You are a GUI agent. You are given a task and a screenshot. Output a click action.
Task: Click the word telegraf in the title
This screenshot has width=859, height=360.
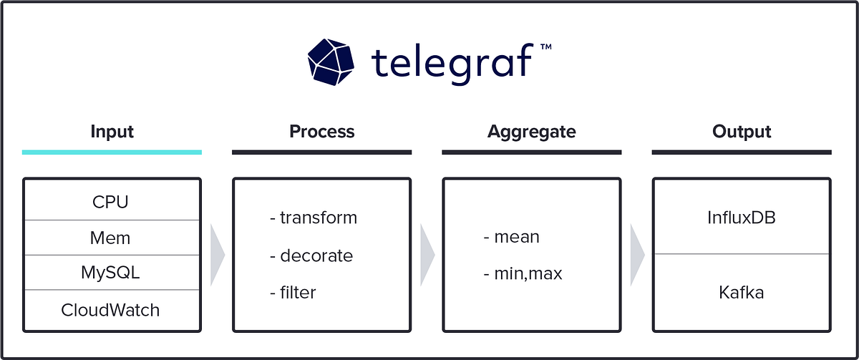pos(452,61)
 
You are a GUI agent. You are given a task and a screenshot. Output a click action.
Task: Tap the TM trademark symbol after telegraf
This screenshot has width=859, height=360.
pos(545,47)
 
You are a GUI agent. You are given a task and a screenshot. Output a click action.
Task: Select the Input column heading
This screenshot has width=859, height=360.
pos(112,132)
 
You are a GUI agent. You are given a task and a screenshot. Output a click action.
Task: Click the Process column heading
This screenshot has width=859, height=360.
pos(321,132)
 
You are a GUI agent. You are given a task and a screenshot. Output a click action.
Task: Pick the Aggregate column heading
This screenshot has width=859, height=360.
pos(531,132)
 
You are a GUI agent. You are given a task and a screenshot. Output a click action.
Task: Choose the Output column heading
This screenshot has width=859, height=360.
pos(742,132)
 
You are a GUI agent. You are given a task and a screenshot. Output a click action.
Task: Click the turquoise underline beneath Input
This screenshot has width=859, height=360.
pos(112,152)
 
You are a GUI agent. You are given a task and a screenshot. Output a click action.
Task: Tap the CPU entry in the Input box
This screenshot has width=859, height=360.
pos(111,201)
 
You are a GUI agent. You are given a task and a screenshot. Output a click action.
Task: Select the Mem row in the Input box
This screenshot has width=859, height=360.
pos(111,237)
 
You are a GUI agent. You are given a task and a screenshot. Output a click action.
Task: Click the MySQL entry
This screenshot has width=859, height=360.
pos(111,272)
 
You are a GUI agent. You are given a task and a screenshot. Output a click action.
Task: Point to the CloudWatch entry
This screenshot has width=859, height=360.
pos(111,310)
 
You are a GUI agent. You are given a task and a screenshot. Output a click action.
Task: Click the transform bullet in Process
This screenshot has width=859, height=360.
pos(313,218)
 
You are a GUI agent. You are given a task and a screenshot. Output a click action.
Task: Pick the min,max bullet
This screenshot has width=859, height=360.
pos(523,273)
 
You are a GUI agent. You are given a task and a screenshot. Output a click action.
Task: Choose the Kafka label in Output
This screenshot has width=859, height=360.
pos(742,292)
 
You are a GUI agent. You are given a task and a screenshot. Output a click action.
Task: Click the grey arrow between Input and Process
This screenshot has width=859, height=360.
pos(217,255)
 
